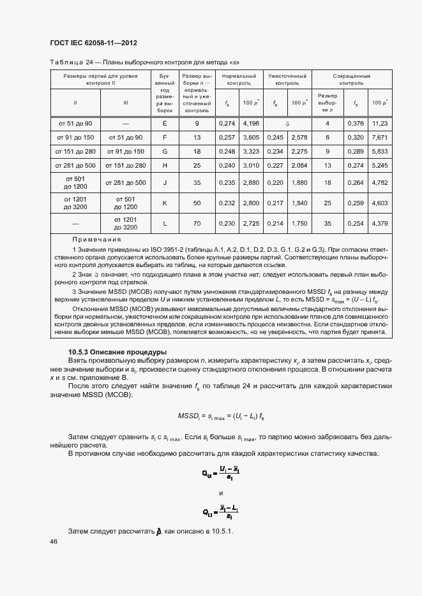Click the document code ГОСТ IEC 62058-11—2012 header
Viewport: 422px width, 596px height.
point(93,43)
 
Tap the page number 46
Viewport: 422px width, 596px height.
point(53,541)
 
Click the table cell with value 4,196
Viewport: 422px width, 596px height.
point(251,122)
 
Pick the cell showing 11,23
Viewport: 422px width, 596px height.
point(381,122)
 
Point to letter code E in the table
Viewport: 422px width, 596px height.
point(165,122)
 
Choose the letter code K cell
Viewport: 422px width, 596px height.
point(165,203)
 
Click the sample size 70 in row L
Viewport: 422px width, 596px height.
point(197,224)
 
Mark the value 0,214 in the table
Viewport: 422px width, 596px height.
point(275,224)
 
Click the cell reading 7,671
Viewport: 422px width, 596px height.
point(381,137)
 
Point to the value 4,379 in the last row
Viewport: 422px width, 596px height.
point(381,224)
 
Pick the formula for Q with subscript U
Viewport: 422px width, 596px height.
point(220,474)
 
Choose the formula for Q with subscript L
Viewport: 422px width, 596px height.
point(220,511)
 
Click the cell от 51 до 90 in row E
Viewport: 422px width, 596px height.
point(75,122)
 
